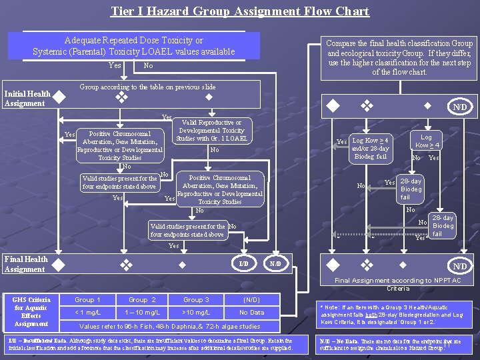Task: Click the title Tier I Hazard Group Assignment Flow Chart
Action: pos(240,11)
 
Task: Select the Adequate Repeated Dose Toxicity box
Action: pos(133,46)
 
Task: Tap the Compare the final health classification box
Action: pos(399,57)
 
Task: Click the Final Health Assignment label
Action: pos(26,264)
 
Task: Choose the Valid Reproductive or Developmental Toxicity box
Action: pos(211,131)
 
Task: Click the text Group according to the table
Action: pos(147,87)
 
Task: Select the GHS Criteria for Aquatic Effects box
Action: pos(31,311)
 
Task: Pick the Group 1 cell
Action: pos(88,300)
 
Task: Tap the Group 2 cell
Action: pos(142,300)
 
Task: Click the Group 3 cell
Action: pos(197,300)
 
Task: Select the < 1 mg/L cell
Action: pos(88,313)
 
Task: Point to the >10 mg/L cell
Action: pos(197,313)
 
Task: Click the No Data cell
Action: pos(251,313)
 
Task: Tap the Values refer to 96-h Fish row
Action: pos(170,326)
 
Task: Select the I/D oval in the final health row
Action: pos(244,264)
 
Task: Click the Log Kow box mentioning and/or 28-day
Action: pos(370,149)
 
